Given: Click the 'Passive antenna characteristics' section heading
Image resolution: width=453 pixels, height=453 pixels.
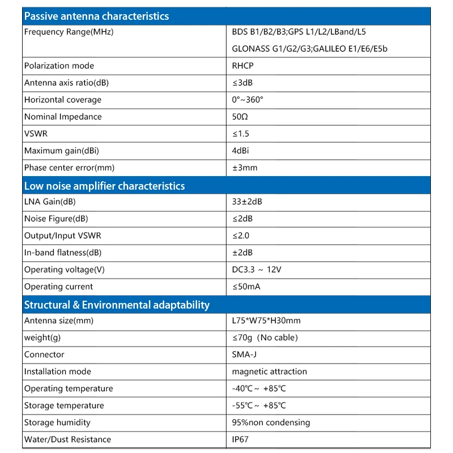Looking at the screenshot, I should [97, 16].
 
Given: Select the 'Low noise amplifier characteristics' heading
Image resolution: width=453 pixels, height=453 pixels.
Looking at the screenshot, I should [105, 186].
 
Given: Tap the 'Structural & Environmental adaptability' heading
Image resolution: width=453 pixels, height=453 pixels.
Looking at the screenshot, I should [117, 305].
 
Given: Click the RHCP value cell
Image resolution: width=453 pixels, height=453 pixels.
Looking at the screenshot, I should [243, 66].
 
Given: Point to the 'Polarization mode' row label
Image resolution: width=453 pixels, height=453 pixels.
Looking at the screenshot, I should [59, 66].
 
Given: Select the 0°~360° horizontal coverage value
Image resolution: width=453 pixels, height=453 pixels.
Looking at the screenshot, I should [247, 100].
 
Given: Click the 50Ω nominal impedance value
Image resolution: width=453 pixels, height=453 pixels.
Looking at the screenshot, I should [240, 117].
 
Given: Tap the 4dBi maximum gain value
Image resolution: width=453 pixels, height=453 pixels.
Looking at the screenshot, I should [241, 151].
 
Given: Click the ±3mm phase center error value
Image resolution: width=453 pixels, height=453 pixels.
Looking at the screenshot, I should [245, 168].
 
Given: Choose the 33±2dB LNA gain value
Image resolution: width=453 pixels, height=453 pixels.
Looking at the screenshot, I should [247, 202].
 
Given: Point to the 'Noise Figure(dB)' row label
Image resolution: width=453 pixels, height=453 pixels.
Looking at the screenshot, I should [56, 219].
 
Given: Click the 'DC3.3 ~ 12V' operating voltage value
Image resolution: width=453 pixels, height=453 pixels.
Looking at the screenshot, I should [257, 270].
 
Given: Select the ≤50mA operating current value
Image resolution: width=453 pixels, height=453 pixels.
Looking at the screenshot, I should [246, 287].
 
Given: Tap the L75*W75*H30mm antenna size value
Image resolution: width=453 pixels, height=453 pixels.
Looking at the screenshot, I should [266, 320].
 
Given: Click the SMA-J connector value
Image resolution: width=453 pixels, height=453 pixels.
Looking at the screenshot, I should [245, 354].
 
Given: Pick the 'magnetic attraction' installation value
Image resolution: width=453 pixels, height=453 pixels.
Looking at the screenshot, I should [270, 371].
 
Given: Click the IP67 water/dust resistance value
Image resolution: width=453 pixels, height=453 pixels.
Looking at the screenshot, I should [240, 439].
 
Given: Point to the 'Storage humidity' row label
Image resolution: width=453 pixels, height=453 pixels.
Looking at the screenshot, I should [57, 422].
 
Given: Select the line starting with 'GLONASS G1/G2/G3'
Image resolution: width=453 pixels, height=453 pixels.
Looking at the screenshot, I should [310, 49].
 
